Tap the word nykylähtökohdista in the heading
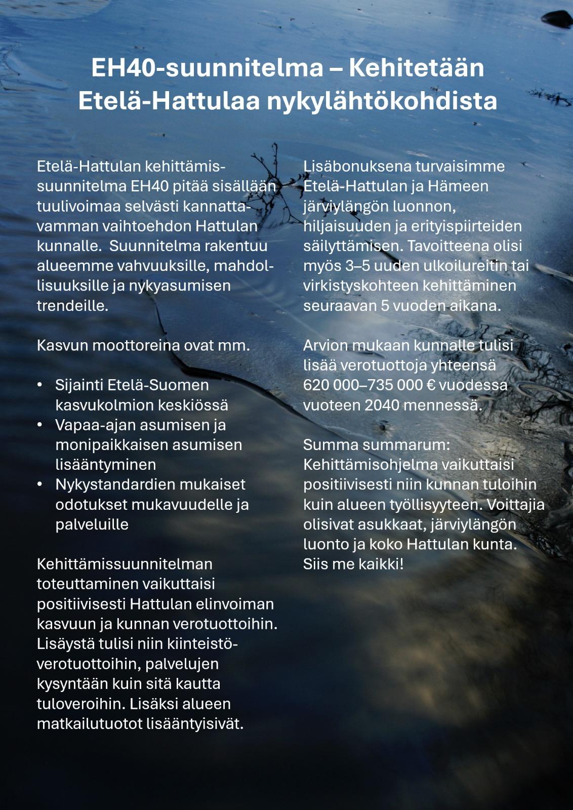tap(382, 100)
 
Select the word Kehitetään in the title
tap(416, 67)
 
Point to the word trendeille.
tap(72, 305)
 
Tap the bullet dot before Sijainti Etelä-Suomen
tap(40, 385)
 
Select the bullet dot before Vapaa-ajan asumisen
tap(40, 425)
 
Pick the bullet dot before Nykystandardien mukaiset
tap(40, 484)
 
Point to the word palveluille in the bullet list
tap(92, 524)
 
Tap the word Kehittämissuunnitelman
tap(125, 563)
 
